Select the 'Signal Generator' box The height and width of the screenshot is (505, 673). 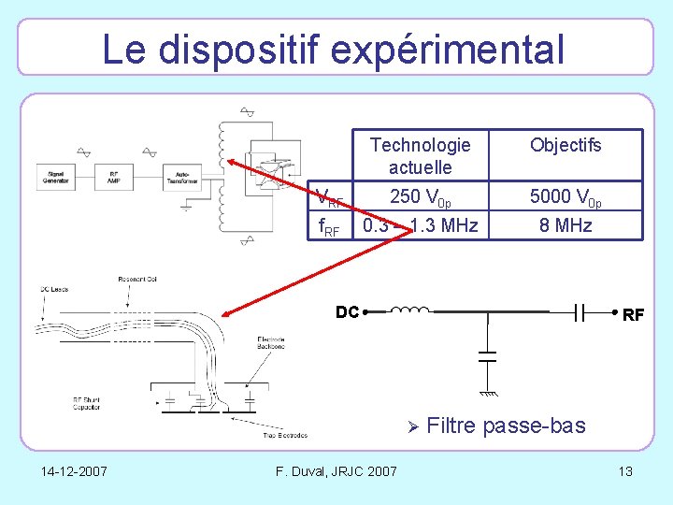click(x=55, y=177)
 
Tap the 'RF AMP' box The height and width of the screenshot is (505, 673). click(x=113, y=177)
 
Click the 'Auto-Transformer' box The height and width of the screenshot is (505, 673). click(x=182, y=177)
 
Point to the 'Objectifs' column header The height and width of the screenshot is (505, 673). click(x=566, y=145)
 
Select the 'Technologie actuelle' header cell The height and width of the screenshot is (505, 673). click(x=421, y=156)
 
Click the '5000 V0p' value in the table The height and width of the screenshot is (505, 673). click(x=566, y=198)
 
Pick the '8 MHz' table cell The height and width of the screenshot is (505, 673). click(x=566, y=225)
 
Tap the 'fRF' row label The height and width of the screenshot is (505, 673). click(x=329, y=226)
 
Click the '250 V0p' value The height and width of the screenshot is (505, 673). click(x=421, y=198)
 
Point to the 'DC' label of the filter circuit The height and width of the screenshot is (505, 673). click(x=347, y=312)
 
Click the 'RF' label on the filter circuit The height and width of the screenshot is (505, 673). click(x=632, y=316)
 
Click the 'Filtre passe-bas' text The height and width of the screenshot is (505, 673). click(x=506, y=426)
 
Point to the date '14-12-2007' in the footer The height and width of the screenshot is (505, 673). click(x=74, y=470)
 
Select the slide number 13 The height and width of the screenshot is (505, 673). click(x=625, y=470)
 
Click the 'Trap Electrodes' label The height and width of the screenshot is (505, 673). click(x=284, y=435)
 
